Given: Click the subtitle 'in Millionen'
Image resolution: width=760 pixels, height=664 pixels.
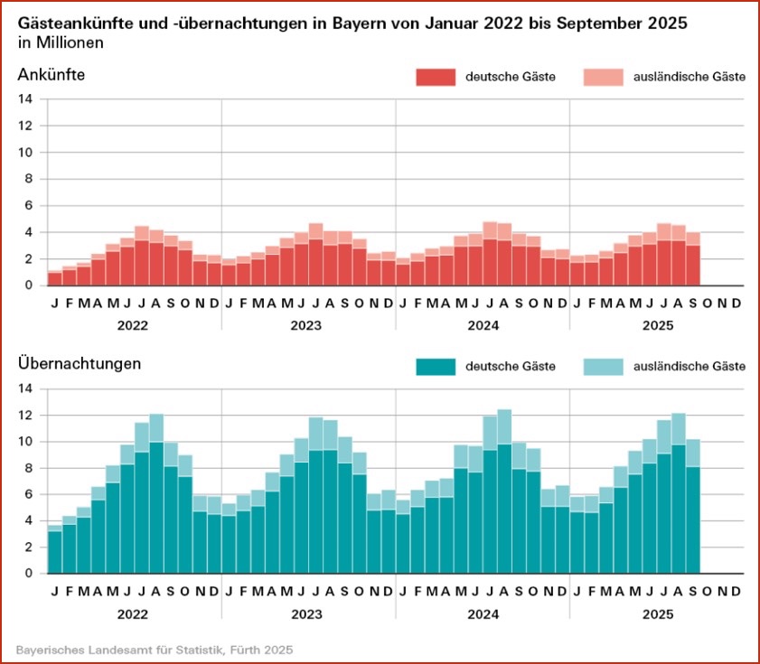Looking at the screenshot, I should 60,42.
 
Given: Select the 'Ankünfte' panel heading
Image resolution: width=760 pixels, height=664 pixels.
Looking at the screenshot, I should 51,75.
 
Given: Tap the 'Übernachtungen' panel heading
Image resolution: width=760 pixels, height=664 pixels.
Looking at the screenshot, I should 80,364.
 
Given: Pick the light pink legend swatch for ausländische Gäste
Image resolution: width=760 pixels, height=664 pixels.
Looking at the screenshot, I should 604,78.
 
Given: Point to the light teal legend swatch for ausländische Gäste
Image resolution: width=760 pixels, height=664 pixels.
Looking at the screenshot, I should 604,366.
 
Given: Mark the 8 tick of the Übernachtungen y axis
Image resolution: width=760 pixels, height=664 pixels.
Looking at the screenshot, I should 29,468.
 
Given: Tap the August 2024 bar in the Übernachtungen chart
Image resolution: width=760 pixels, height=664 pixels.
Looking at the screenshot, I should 504,492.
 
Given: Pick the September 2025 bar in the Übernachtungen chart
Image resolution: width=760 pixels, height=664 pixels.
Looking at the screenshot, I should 692,506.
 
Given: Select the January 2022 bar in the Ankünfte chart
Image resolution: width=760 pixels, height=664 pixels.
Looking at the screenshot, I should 55,278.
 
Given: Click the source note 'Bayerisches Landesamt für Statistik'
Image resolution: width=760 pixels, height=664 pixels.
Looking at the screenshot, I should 117,650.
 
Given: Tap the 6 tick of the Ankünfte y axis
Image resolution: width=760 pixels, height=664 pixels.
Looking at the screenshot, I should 29,206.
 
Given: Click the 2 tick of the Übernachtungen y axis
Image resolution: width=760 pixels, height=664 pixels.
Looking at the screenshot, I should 29,547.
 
